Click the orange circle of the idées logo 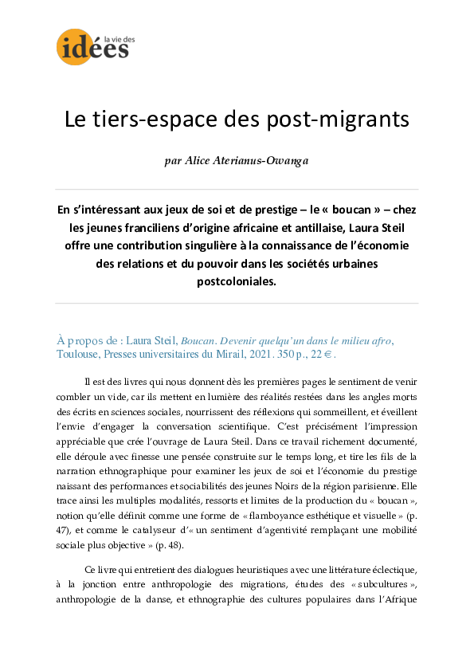point(74,46)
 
